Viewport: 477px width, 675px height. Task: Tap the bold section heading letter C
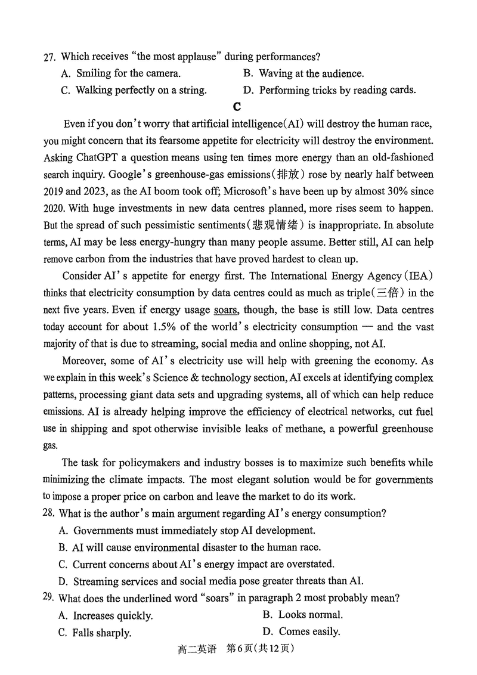[237, 107]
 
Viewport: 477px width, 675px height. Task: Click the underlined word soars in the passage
[225, 310]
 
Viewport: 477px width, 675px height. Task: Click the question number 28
[49, 513]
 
